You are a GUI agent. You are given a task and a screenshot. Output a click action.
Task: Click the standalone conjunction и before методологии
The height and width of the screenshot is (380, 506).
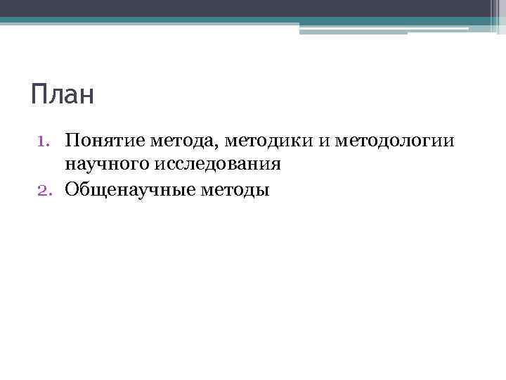tap(323, 141)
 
